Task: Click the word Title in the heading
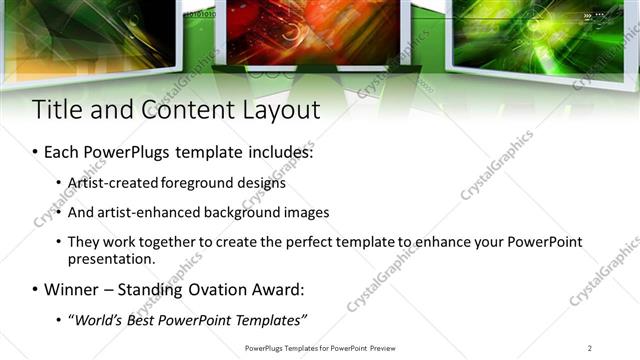[x=58, y=109]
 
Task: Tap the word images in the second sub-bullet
[x=306, y=213]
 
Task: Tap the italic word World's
[x=97, y=320]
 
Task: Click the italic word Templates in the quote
[x=270, y=320]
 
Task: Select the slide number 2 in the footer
[x=590, y=347]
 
